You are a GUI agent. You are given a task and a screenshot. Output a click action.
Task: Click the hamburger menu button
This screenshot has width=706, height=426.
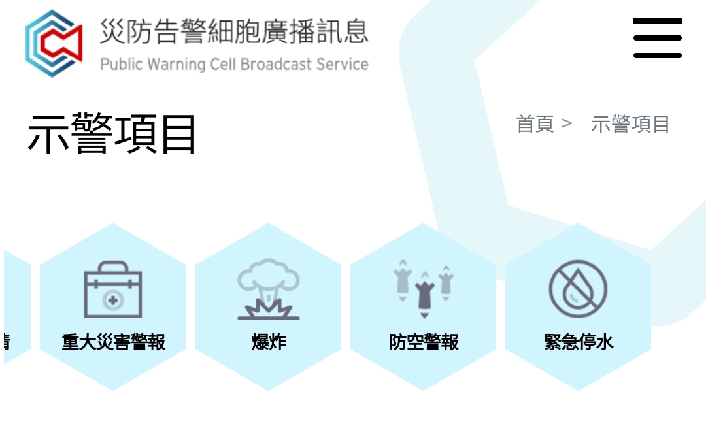point(658,39)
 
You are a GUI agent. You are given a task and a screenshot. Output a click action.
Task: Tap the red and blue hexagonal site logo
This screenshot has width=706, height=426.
point(54,43)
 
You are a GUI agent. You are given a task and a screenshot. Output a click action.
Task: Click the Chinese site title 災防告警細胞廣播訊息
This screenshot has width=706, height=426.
point(234,31)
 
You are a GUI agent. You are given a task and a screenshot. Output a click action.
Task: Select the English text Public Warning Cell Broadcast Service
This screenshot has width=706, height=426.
point(234,64)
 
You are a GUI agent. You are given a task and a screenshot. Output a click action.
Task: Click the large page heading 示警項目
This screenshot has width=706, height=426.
point(112,133)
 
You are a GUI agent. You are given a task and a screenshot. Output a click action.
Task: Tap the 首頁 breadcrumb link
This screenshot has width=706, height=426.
point(535,123)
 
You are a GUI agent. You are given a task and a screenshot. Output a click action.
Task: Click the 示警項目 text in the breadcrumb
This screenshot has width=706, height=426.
point(630,123)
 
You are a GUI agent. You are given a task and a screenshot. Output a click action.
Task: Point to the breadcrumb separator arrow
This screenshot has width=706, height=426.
point(567,123)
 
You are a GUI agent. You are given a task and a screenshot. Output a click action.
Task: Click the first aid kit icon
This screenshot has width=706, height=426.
point(113,289)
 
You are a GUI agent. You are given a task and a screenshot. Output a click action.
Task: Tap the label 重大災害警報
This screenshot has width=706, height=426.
point(114,342)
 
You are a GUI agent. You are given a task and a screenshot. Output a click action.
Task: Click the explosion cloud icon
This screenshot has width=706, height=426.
point(269,289)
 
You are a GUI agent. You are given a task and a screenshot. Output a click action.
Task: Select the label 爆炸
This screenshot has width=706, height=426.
point(269,342)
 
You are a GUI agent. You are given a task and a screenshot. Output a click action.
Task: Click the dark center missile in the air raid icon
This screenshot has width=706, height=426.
point(424,295)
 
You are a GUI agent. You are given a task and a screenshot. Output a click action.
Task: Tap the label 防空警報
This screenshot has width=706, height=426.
point(424,342)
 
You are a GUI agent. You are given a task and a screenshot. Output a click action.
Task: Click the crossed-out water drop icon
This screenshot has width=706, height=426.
point(578,289)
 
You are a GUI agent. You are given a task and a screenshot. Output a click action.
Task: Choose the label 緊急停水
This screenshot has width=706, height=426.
point(579,342)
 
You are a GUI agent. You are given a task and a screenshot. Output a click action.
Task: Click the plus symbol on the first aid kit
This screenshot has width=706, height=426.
point(113,300)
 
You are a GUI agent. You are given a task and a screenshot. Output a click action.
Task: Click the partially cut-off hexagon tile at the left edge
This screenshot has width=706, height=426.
point(17,307)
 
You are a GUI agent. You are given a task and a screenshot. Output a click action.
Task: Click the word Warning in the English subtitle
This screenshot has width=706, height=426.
point(176,64)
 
